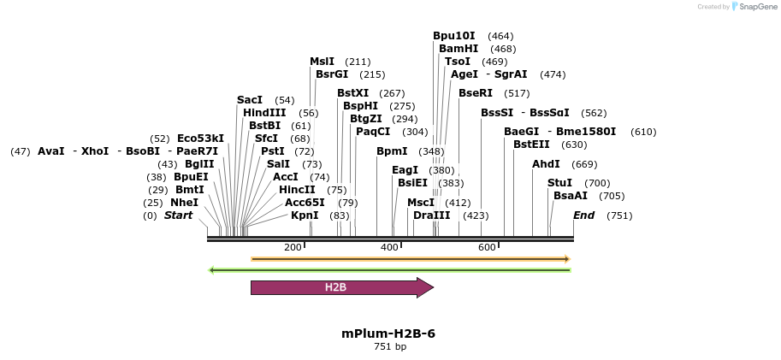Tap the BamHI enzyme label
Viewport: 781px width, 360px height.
click(x=459, y=49)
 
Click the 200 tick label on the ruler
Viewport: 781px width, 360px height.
click(x=293, y=247)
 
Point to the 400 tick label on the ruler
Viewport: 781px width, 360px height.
click(x=390, y=247)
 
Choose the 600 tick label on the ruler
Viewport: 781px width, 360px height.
click(x=488, y=247)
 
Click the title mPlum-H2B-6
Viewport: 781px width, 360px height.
click(x=388, y=333)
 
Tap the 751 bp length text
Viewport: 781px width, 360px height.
click(x=389, y=347)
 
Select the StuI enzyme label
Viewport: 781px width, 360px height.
click(x=559, y=183)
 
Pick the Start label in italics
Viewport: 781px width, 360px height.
click(x=179, y=215)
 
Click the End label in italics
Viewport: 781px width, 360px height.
click(x=583, y=215)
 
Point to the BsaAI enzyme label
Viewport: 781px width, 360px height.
click(x=571, y=196)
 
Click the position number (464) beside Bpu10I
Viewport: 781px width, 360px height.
click(x=500, y=36)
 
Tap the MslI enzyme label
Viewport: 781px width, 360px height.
click(x=322, y=62)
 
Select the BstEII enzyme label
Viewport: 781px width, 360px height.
click(x=531, y=145)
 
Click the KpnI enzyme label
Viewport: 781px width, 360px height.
click(x=305, y=215)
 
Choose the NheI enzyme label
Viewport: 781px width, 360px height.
click(x=184, y=203)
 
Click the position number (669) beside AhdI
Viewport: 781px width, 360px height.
click(x=584, y=164)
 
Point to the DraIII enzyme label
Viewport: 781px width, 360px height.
click(x=431, y=215)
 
